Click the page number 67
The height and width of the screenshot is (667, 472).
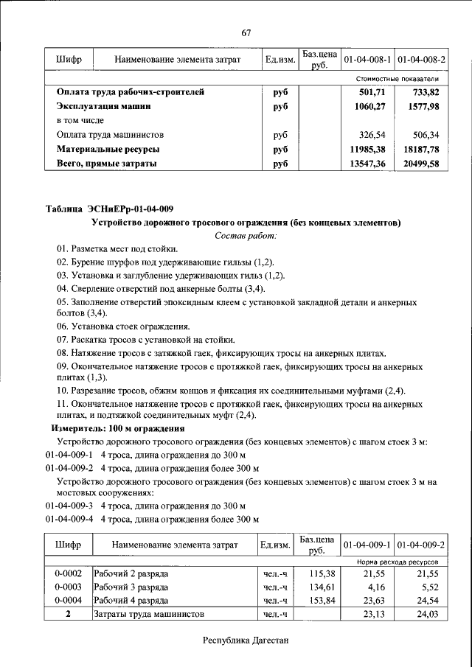[246, 32]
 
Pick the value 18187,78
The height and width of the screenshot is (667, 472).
[421, 150]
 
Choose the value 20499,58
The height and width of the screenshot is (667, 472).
[421, 164]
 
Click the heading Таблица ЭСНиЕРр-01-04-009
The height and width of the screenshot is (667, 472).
[109, 209]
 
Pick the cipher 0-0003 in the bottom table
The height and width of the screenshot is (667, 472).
[68, 587]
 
